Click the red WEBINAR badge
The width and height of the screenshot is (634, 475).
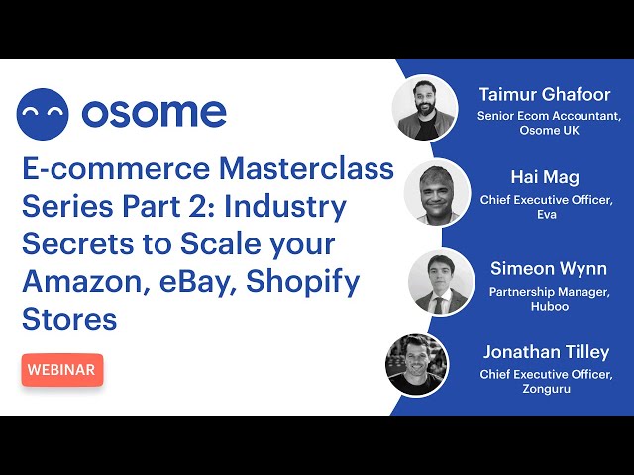[x=62, y=369]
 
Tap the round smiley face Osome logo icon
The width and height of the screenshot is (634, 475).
[x=43, y=114]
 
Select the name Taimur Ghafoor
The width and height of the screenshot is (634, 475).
[x=545, y=95]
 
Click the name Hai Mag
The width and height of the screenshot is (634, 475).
[x=545, y=177]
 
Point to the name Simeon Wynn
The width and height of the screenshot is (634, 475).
[x=549, y=269]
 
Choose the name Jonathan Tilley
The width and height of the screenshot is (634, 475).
[x=546, y=352]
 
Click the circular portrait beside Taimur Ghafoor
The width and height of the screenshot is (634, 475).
[x=425, y=108]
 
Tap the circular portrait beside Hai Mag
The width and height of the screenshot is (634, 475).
[x=437, y=192]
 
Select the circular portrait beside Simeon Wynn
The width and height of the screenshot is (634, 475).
[x=441, y=282]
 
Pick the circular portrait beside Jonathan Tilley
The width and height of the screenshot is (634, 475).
[x=417, y=365]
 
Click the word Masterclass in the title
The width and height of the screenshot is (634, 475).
[x=306, y=168]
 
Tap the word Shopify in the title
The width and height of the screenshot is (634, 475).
[x=302, y=283]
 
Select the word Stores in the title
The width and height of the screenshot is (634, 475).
[x=69, y=319]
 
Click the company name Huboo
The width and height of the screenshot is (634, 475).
[x=550, y=306]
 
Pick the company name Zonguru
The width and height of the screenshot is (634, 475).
[x=546, y=389]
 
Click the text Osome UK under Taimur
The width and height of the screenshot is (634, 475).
[x=549, y=130]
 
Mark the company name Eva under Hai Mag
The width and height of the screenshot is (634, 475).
[x=547, y=214]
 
